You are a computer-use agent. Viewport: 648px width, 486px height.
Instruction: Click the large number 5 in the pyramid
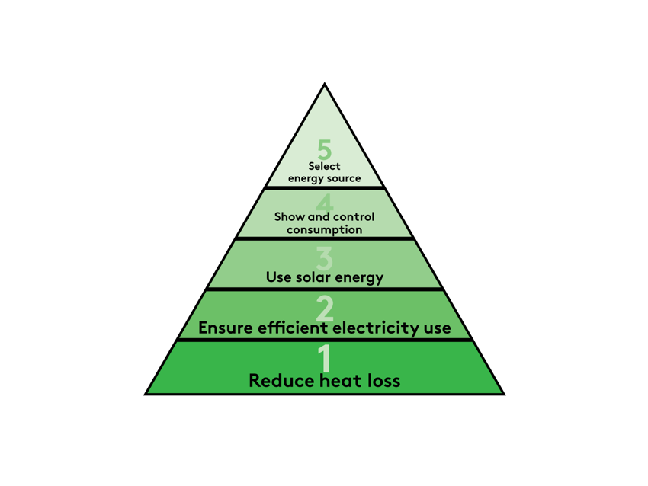[x=324, y=149]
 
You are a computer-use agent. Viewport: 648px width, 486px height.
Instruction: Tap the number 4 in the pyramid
[x=325, y=202]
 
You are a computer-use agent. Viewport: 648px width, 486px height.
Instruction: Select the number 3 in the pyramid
[x=325, y=257]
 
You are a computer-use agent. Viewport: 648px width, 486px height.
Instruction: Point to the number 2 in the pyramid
[x=325, y=308]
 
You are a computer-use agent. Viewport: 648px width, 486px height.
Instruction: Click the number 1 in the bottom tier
[x=325, y=358]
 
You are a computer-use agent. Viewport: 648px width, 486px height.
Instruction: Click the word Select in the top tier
[x=325, y=166]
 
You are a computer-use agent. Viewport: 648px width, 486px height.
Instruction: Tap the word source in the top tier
[x=343, y=179]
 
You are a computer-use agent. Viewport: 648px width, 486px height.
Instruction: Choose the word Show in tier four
[x=290, y=216]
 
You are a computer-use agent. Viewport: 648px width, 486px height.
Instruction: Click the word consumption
[x=325, y=229]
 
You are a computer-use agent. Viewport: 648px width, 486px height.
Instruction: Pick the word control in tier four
[x=354, y=216]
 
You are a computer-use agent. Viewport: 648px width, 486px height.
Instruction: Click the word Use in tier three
[x=277, y=277]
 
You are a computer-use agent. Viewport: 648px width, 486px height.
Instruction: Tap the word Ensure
[x=225, y=328]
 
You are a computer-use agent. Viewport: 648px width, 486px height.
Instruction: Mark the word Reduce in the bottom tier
[x=277, y=380]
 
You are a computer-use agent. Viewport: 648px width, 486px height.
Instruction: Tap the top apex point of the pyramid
[x=325, y=85]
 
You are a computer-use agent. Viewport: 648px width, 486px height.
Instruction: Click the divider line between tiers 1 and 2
[x=325, y=340]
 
